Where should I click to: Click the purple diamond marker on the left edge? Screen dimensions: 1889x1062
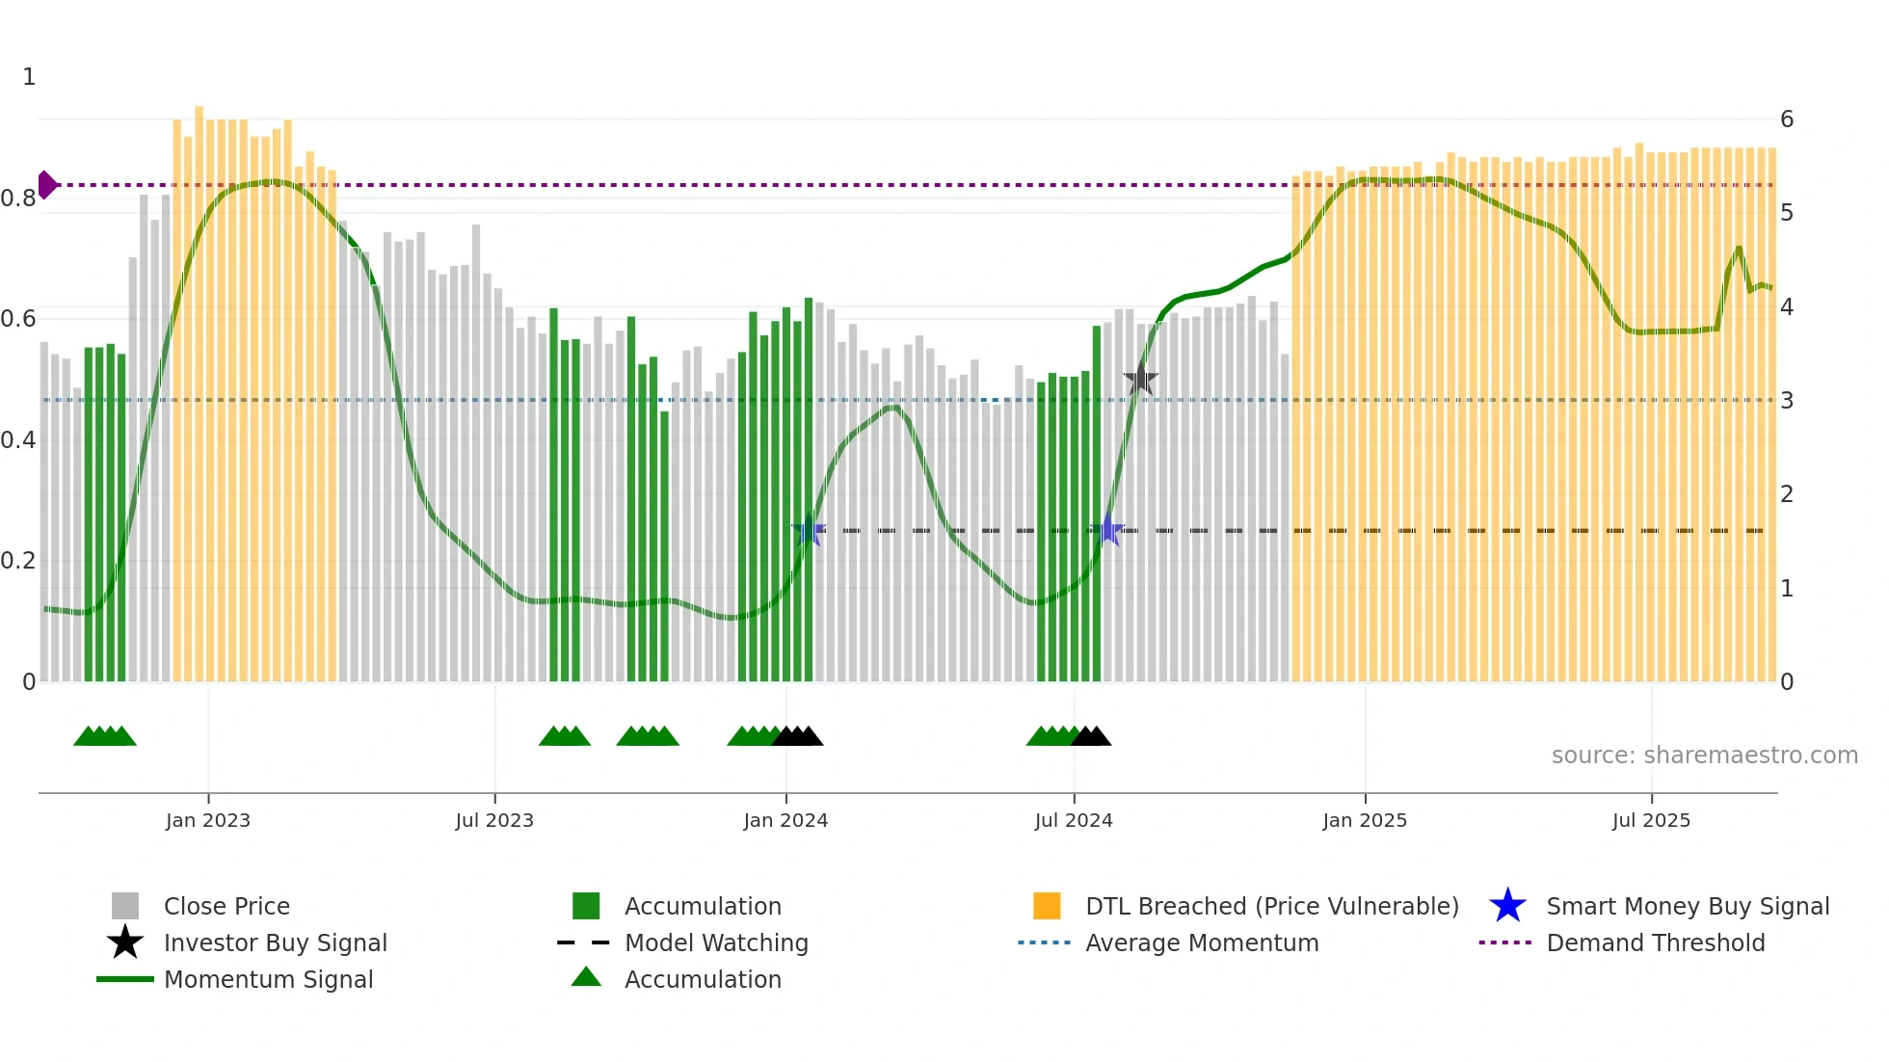point(46,184)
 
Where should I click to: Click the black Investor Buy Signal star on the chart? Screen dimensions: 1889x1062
point(1140,380)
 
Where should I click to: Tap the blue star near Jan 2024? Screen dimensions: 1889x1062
point(809,530)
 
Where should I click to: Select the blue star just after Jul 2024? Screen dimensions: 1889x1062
point(1107,530)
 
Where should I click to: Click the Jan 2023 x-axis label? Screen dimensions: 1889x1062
point(207,820)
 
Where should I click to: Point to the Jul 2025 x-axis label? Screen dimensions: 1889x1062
point(1650,820)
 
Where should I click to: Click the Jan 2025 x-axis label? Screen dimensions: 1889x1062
point(1364,820)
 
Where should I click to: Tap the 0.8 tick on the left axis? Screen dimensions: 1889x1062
point(18,199)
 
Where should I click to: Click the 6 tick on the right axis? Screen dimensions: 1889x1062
point(1787,119)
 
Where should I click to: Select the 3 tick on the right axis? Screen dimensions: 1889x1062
point(1787,400)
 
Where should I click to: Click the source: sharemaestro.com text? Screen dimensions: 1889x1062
point(1704,755)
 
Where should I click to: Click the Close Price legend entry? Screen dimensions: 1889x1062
point(226,906)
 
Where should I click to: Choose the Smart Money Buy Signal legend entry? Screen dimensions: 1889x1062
point(1687,906)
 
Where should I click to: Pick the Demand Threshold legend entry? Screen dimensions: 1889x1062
point(1655,943)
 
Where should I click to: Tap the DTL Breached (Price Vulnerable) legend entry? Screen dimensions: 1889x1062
point(1271,906)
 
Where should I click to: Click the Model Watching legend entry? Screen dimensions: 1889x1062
point(715,943)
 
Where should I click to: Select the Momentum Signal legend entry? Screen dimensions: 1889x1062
point(268,979)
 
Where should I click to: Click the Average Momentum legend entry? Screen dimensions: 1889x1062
point(1201,943)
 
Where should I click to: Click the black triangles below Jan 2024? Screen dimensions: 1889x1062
point(798,736)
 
